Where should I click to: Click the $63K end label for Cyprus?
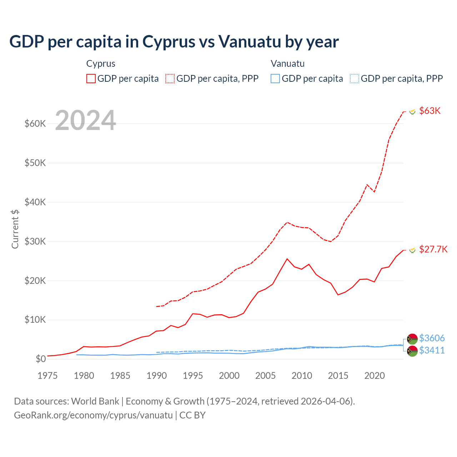point(430,111)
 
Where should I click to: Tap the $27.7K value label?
point(433,249)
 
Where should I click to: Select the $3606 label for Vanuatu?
point(432,338)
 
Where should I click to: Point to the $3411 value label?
point(432,350)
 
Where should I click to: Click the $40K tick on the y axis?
point(35,202)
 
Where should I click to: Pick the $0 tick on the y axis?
point(41,359)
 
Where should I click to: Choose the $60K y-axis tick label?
point(35,124)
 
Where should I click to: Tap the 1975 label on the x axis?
point(47,376)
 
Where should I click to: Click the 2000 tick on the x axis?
point(229,376)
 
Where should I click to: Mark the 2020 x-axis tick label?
point(375,376)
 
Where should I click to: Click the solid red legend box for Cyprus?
point(91,79)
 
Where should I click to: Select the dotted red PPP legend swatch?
point(170,79)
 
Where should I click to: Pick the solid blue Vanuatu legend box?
point(275,79)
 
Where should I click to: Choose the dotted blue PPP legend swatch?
point(355,79)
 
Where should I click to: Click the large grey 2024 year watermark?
point(86,120)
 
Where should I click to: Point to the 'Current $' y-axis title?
point(15,229)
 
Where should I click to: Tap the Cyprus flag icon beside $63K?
point(412,111)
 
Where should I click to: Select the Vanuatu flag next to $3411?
point(412,351)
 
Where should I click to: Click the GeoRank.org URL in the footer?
point(93,415)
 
